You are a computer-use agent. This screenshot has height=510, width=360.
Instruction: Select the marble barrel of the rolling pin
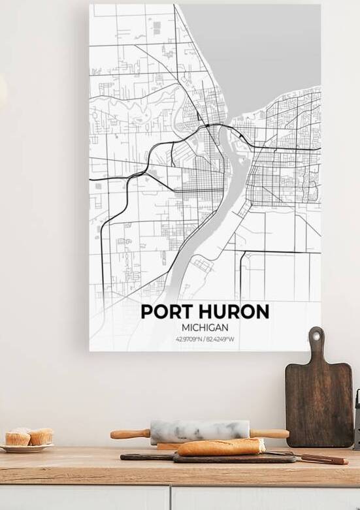(200, 432)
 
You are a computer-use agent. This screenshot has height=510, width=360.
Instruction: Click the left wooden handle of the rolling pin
(129, 434)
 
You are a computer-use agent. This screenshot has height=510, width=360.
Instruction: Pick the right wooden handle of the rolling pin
(269, 434)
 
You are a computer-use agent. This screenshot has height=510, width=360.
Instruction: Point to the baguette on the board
(221, 447)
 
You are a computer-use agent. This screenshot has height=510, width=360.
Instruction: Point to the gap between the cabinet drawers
(171, 498)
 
